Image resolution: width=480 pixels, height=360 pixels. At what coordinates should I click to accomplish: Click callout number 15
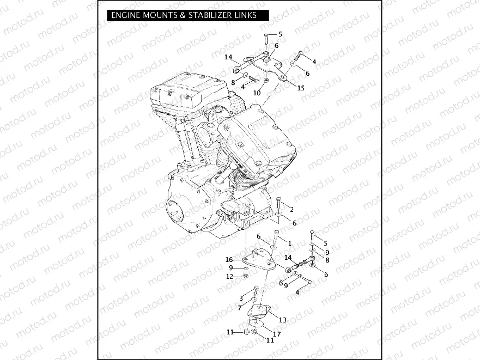click(301, 88)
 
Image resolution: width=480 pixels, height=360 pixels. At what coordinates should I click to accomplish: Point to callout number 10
click(257, 93)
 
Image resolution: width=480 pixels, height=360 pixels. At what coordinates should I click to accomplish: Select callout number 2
click(291, 210)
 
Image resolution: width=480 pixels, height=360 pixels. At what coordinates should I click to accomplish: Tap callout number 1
click(290, 243)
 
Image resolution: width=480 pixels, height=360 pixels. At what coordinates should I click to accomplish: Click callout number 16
click(229, 260)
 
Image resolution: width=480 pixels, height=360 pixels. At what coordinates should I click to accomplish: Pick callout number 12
click(229, 277)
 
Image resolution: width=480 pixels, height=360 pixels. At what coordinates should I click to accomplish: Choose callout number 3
click(241, 298)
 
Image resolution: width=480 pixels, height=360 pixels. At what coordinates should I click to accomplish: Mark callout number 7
click(240, 308)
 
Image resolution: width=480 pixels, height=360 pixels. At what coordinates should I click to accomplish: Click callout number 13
click(282, 320)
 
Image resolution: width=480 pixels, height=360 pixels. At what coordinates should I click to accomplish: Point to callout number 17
click(277, 334)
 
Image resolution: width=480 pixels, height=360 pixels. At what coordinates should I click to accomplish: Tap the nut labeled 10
click(265, 82)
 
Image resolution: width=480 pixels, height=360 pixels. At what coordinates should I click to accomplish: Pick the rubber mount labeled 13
click(259, 312)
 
